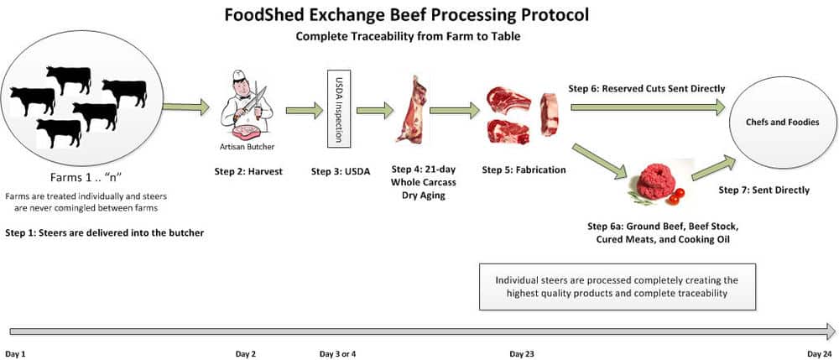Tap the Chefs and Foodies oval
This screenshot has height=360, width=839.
(x=782, y=123)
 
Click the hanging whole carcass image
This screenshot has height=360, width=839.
(x=411, y=110)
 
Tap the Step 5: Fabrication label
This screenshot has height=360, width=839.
(x=524, y=170)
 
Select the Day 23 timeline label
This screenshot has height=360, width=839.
(x=521, y=353)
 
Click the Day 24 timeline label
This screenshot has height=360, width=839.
(x=820, y=353)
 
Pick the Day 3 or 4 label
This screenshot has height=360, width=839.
(x=337, y=353)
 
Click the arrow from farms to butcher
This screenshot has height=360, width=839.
(x=185, y=107)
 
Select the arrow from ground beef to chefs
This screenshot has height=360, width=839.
(x=714, y=169)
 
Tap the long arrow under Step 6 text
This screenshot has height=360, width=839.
(x=648, y=107)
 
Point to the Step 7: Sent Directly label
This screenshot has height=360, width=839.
(x=763, y=190)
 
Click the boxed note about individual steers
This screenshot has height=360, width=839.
(x=617, y=287)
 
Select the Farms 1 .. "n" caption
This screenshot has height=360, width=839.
(x=86, y=177)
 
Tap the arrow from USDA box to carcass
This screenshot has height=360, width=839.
(x=375, y=111)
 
